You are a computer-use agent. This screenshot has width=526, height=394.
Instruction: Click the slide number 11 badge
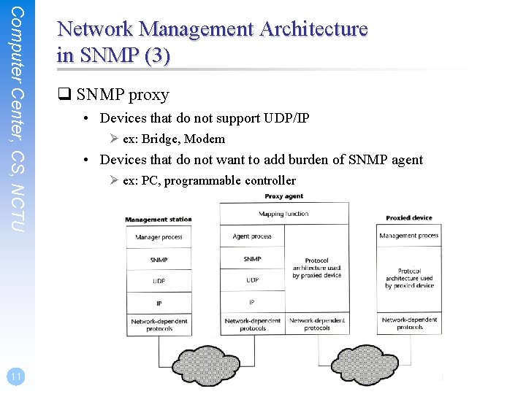tap(14, 376)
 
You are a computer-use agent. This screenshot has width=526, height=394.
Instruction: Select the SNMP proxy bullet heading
tap(122, 95)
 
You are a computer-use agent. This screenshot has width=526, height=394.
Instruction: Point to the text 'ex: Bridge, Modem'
tap(174, 139)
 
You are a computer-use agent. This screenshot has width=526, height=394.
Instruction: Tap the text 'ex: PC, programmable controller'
tap(209, 180)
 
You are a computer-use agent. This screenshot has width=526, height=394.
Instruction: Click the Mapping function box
tap(283, 215)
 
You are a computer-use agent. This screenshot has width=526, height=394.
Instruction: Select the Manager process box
tap(159, 237)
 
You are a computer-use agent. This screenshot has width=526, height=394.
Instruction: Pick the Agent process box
tap(252, 236)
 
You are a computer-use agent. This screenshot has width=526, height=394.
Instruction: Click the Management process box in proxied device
tap(409, 236)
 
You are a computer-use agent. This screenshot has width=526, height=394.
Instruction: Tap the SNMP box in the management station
tap(159, 259)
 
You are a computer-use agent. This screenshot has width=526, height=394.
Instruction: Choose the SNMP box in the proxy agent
tap(252, 259)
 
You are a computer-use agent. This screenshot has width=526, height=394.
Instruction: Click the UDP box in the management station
tap(159, 280)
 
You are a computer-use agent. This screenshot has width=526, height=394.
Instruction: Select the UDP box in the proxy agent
tap(252, 280)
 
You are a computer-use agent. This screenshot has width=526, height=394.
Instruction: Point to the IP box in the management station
tap(159, 302)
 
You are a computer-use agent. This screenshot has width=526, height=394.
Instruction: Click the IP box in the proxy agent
tap(252, 302)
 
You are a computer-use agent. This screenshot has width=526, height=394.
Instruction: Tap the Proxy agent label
tap(283, 196)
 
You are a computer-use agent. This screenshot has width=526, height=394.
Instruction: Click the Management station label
tap(158, 220)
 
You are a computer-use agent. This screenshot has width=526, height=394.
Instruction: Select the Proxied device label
tap(409, 218)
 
